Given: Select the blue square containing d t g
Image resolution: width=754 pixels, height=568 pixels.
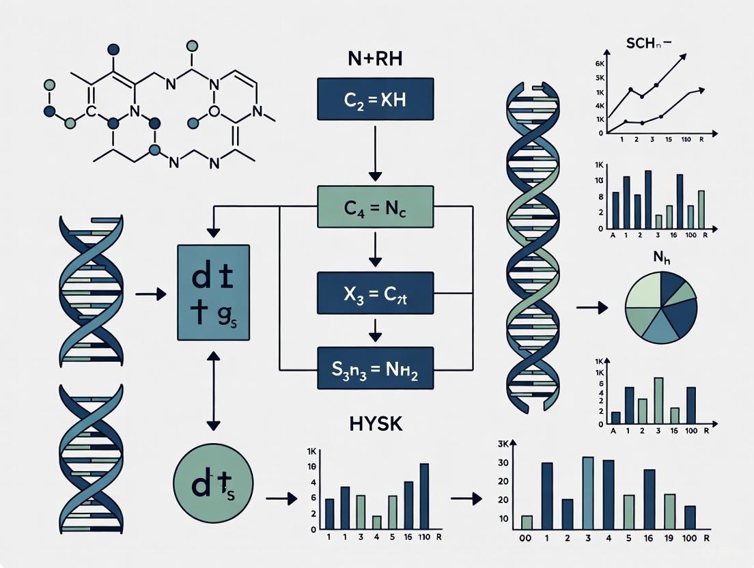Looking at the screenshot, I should pos(213,292).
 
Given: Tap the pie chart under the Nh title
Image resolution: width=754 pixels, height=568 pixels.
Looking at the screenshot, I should pos(661,307).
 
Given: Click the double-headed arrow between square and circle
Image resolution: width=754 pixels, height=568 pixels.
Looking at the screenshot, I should pos(213,390).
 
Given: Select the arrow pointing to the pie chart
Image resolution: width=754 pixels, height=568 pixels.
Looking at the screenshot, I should pos(591,308).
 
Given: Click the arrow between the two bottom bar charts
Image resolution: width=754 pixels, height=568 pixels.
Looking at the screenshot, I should pos(466,499).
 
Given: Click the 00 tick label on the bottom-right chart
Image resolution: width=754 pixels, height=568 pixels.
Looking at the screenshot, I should pos(525,539).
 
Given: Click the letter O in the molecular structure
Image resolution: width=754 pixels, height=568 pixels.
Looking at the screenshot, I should pos(214,109).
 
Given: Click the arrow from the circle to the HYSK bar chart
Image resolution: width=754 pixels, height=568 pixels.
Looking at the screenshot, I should pos(281,499).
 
